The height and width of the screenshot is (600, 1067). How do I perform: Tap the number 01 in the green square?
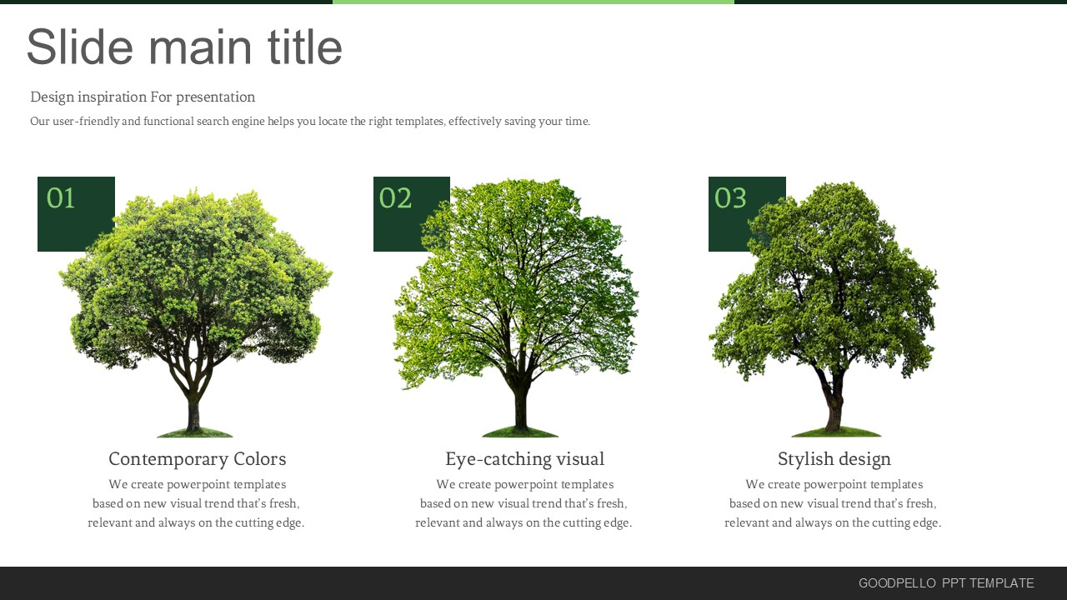[61, 197]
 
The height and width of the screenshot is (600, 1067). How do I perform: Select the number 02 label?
[395, 197]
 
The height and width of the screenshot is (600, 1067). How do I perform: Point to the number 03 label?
[729, 197]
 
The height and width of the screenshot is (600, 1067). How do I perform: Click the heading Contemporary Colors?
[198, 459]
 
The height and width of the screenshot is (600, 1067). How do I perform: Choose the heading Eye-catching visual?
[524, 459]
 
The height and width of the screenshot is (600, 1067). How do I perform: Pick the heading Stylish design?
[834, 459]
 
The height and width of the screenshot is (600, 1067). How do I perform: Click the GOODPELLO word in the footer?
[897, 583]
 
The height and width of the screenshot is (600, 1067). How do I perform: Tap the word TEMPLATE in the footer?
[1001, 583]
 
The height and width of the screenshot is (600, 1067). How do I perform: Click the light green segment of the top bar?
[533, 2]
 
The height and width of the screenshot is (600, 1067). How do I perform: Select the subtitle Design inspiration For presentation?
[143, 97]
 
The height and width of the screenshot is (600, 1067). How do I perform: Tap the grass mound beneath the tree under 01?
[195, 432]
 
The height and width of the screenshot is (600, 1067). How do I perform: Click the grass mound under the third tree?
[836, 432]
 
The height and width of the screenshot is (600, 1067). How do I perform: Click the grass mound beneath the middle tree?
[520, 432]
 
